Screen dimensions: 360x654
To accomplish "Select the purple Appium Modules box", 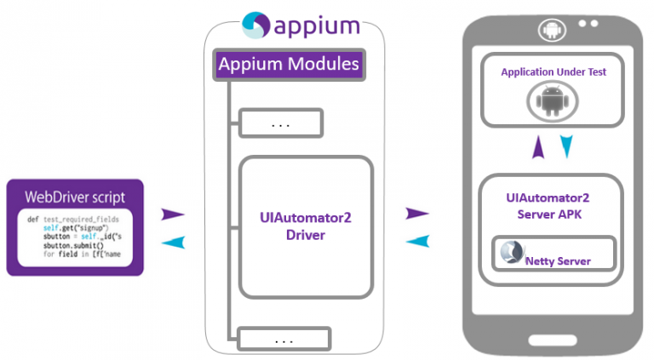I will click(289, 64).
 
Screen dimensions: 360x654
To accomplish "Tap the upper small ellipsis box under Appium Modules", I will click(281, 123).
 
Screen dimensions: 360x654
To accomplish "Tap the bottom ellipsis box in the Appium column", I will click(281, 340).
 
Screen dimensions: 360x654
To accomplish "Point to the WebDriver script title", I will click(75, 197).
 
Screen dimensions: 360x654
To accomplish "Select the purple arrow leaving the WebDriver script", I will click(174, 214).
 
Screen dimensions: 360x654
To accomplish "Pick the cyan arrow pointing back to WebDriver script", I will click(174, 243).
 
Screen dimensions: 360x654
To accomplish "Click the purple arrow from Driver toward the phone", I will click(416, 212).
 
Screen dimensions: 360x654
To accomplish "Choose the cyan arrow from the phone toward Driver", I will click(416, 241).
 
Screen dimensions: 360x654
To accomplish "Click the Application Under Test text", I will click(554, 72).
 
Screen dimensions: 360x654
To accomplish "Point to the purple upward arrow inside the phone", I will click(538, 148).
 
